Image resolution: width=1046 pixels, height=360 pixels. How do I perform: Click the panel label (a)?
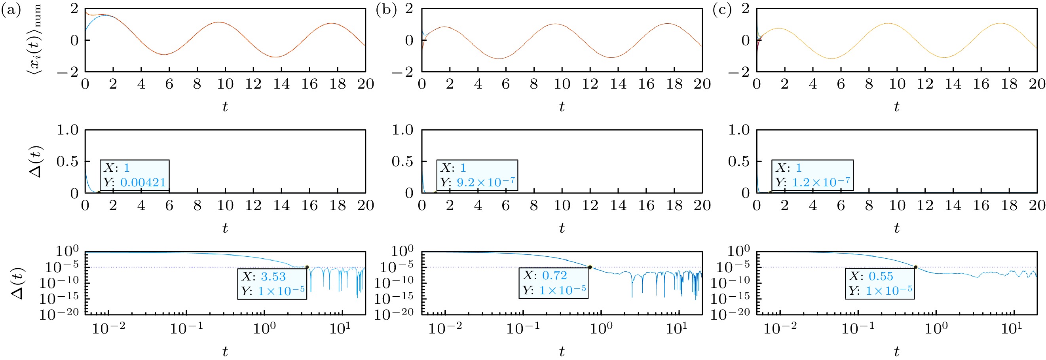tap(11, 10)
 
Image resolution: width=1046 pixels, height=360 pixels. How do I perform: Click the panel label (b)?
tap(386, 10)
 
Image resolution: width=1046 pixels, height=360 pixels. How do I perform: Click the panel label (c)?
tap(722, 10)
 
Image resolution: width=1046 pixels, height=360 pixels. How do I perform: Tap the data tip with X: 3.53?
tap(272, 284)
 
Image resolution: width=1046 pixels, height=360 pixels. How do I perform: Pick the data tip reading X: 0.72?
tap(553, 283)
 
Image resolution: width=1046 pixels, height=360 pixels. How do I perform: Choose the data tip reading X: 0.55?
tap(880, 283)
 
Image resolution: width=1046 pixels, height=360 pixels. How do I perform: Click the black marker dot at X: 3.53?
tap(307, 267)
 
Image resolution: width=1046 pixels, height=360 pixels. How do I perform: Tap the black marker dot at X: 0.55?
tap(916, 267)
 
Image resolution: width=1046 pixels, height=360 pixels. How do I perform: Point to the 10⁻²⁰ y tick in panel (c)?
tap(730, 314)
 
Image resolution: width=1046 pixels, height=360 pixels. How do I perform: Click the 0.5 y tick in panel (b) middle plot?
tap(402, 161)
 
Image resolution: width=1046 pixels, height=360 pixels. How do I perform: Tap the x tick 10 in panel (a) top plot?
tap(225, 84)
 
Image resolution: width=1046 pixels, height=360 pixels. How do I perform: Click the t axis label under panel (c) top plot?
tap(896, 107)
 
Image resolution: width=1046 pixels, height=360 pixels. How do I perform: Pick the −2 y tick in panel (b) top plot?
tap(402, 72)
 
